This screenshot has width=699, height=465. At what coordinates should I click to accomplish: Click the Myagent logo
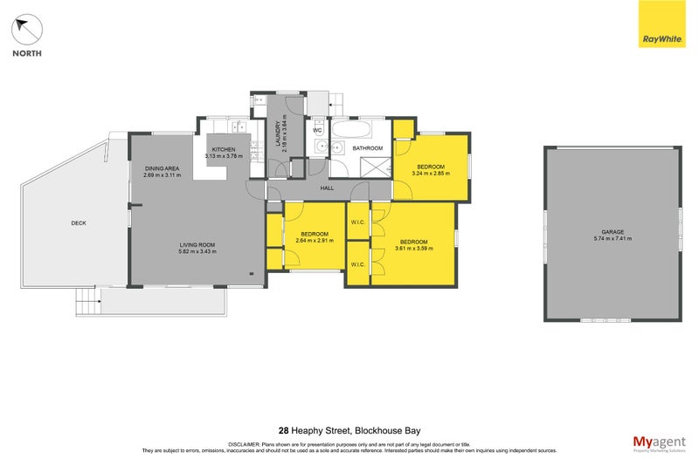658,443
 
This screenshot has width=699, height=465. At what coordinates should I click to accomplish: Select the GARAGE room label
612,231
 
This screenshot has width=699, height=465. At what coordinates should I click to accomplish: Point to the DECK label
79,223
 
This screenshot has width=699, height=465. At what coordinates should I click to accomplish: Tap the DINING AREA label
162,168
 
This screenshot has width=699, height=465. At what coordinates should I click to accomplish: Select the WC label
318,131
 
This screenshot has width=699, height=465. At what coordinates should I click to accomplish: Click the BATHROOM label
368,149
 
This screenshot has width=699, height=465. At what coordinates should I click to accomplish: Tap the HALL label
327,188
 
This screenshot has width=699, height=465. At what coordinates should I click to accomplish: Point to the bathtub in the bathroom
354,132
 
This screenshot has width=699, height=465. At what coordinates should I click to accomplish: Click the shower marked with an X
373,168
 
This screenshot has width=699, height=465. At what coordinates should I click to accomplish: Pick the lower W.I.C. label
357,264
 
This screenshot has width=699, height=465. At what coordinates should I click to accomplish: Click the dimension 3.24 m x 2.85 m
430,173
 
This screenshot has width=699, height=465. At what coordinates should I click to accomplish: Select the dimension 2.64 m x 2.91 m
315,241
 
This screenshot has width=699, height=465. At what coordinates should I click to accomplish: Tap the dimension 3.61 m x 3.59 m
413,248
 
